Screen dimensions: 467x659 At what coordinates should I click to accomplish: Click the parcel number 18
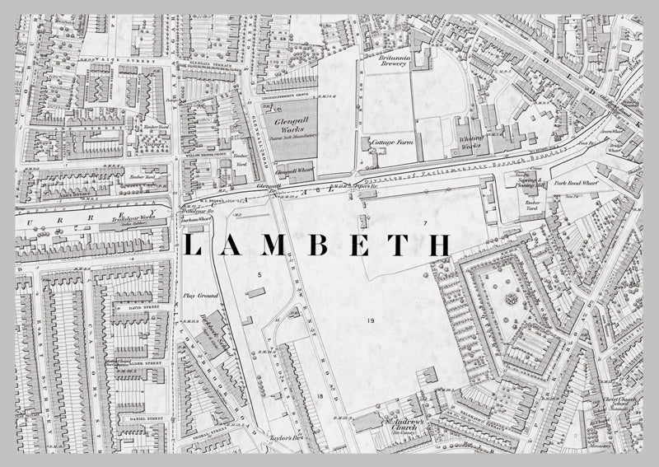click(320, 397)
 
